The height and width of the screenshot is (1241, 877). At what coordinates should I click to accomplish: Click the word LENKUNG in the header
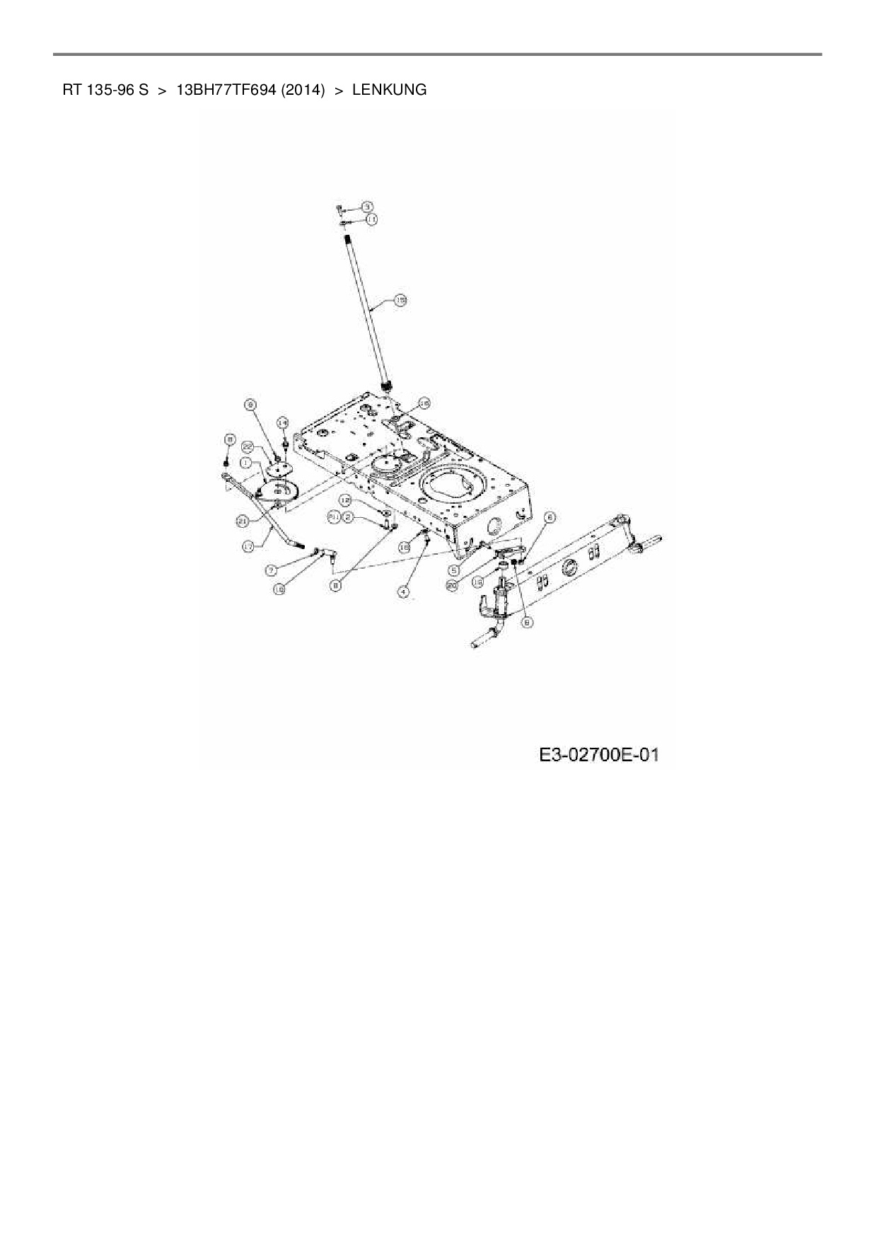[x=389, y=91]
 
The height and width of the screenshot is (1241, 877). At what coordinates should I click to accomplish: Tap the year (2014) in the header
[x=301, y=91]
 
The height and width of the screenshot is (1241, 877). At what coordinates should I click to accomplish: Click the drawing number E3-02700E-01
[x=599, y=755]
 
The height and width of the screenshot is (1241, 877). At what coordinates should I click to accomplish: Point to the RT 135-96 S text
[x=105, y=91]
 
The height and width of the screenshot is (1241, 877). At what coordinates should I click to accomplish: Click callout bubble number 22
[x=248, y=446]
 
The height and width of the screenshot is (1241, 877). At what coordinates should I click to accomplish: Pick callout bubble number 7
[x=272, y=569]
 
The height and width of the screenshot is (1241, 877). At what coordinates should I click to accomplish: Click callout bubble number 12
[x=345, y=500]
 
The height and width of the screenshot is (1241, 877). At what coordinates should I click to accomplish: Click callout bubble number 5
[x=453, y=569]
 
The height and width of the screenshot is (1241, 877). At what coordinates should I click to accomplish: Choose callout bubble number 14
[x=282, y=422]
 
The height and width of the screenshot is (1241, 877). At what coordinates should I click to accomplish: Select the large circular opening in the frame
[x=451, y=489]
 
